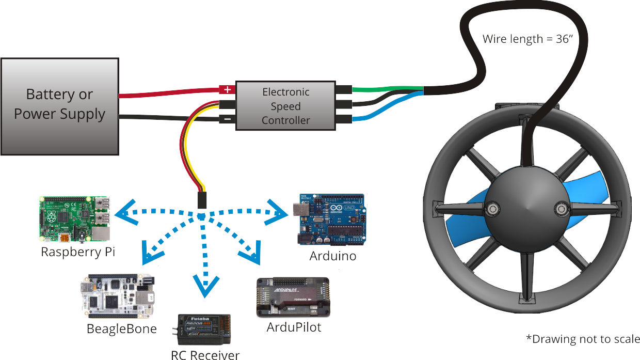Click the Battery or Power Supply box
(x=59, y=106)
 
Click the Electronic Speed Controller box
(x=286, y=106)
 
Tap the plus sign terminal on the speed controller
(x=227, y=89)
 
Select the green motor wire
(x=387, y=88)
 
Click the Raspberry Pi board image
(x=75, y=219)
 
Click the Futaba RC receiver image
(x=204, y=329)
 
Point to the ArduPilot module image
(x=293, y=297)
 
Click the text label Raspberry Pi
(x=78, y=252)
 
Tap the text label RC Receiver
(x=205, y=355)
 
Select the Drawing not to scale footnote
(x=583, y=339)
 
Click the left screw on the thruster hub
(x=491, y=209)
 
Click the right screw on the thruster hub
(x=562, y=209)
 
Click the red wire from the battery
(x=170, y=93)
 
